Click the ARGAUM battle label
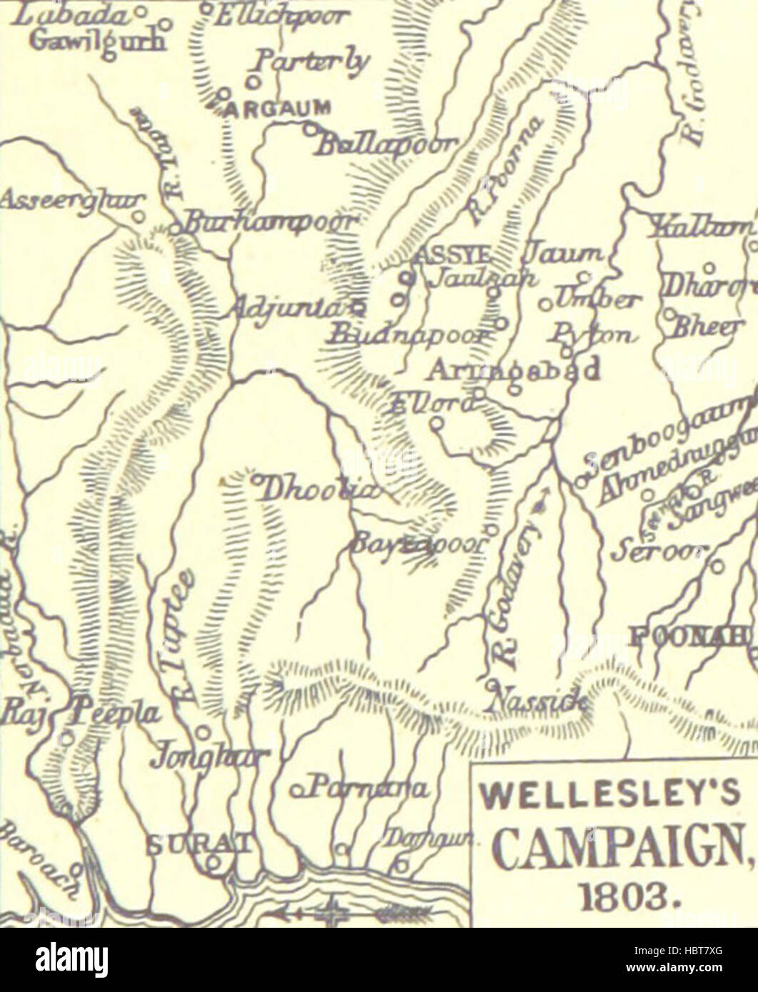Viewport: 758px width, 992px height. [x=278, y=109]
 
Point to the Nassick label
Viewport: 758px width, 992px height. [x=535, y=702]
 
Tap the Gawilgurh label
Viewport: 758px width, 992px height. [x=100, y=41]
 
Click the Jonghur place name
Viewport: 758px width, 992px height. [x=209, y=759]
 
